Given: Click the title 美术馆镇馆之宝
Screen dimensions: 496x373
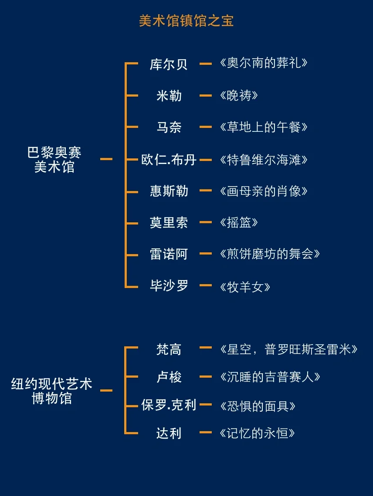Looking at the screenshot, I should [186, 20].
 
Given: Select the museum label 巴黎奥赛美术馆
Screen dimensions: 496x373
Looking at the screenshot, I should [54, 160].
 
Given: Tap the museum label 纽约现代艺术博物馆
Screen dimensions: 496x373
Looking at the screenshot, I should [52, 391].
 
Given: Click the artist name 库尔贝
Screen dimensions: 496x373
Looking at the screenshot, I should [169, 64].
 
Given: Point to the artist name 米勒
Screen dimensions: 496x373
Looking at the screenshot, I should [169, 96].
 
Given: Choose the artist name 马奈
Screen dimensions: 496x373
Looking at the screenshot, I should [169, 127].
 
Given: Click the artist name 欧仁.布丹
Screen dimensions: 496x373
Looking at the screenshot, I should [169, 160].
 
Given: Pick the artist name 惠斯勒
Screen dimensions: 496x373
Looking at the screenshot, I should [169, 191].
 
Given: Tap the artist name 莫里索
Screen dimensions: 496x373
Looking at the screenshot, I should [169, 223].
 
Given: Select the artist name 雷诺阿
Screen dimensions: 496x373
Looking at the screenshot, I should [169, 254].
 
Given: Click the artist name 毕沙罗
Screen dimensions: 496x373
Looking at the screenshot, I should [169, 286].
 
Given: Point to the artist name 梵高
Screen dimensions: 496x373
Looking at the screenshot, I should [169, 349].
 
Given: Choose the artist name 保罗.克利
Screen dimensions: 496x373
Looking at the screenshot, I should [169, 405].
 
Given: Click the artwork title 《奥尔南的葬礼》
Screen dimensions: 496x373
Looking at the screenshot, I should [264, 63].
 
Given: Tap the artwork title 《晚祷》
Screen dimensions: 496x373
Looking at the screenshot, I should [239, 96].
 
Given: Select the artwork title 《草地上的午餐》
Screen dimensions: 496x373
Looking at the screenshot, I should [264, 127].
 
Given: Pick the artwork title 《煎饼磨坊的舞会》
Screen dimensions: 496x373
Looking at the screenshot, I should [270, 254].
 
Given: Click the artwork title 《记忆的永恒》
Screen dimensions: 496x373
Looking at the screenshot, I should [258, 433].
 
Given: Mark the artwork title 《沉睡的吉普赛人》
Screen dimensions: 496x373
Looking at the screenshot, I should [270, 377].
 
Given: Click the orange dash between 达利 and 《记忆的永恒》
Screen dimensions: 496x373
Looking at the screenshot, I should [205, 432].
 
